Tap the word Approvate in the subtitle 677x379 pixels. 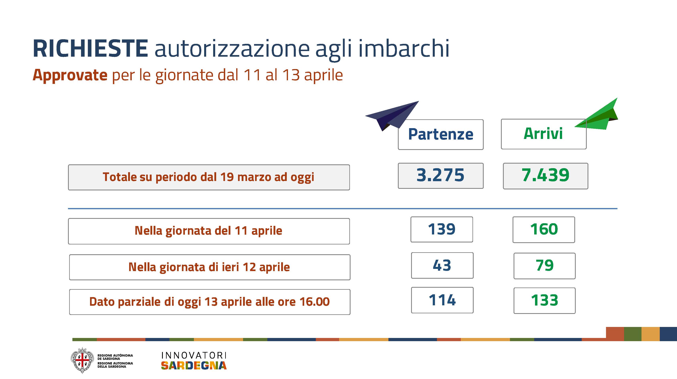point(70,75)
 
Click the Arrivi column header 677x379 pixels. point(543,134)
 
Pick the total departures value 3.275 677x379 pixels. point(441,176)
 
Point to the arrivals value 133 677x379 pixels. point(544,301)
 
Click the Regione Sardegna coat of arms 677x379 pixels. point(82,360)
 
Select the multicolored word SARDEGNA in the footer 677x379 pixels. point(194,365)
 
